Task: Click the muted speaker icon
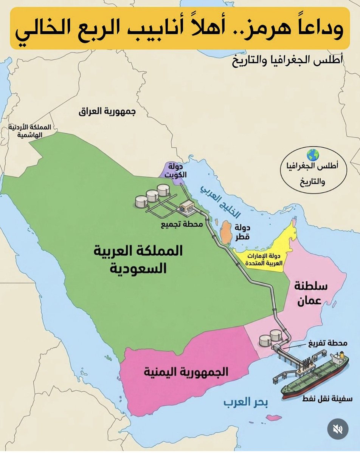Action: (x=337, y=429)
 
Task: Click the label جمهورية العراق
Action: (x=107, y=111)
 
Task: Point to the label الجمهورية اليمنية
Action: (x=186, y=372)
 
